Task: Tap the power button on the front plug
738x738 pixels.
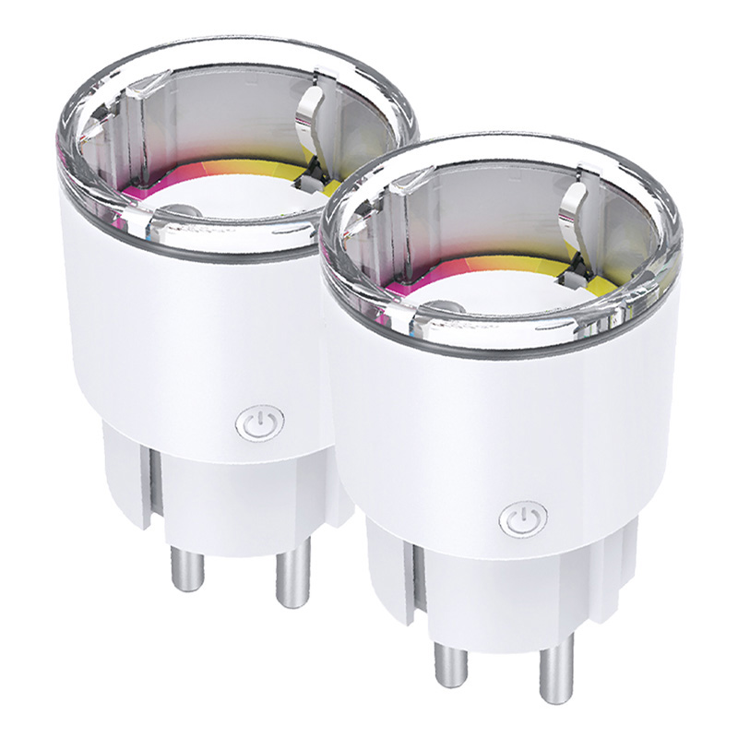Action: (523, 518)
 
